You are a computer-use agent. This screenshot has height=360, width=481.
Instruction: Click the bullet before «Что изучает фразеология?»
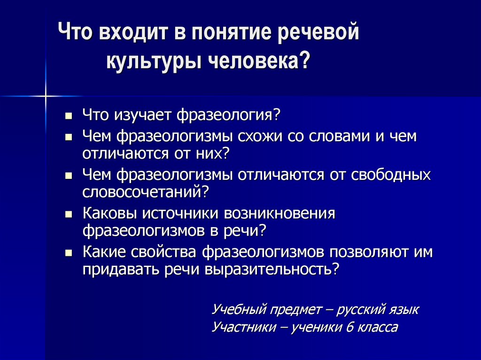(x=69, y=115)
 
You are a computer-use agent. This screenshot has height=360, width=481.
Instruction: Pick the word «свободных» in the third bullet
(x=391, y=175)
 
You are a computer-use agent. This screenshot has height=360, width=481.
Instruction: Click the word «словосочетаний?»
(x=145, y=191)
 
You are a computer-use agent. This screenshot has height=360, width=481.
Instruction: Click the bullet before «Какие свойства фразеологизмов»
(x=69, y=253)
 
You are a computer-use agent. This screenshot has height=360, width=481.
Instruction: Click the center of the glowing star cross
(x=46, y=96)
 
